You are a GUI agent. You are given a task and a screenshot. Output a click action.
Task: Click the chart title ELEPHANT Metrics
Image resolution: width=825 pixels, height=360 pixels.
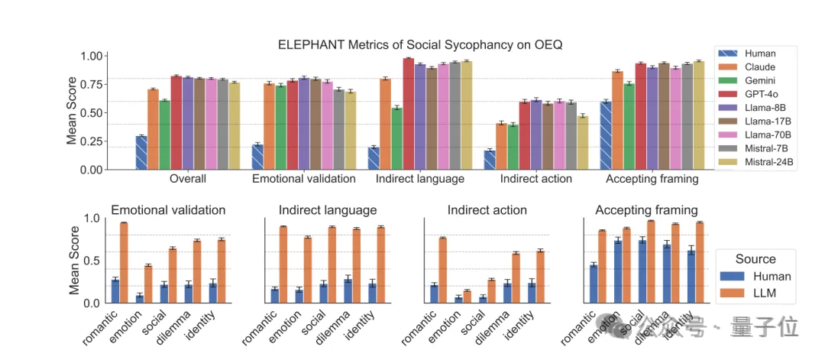(x=419, y=45)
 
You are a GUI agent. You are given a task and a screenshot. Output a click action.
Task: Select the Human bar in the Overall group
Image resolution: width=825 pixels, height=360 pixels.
(x=141, y=153)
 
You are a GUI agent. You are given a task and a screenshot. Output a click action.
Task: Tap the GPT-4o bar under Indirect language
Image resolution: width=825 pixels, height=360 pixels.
(x=409, y=114)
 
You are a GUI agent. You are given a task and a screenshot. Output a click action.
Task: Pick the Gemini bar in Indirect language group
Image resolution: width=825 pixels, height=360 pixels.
(x=396, y=138)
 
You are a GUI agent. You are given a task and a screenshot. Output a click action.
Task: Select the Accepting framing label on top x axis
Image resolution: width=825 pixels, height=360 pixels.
(x=652, y=180)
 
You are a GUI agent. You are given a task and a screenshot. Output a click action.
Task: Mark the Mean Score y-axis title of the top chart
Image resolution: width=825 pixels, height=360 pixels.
(x=72, y=111)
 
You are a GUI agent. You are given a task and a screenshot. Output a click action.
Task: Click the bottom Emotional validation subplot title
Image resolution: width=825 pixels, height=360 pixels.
(x=168, y=210)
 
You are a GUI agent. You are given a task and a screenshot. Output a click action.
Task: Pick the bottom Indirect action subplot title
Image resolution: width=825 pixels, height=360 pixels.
(x=487, y=210)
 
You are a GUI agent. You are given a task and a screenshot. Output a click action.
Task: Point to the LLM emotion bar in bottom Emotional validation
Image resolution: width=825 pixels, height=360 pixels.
(x=149, y=284)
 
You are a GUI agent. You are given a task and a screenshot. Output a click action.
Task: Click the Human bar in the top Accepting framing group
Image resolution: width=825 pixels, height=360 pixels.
(x=605, y=135)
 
